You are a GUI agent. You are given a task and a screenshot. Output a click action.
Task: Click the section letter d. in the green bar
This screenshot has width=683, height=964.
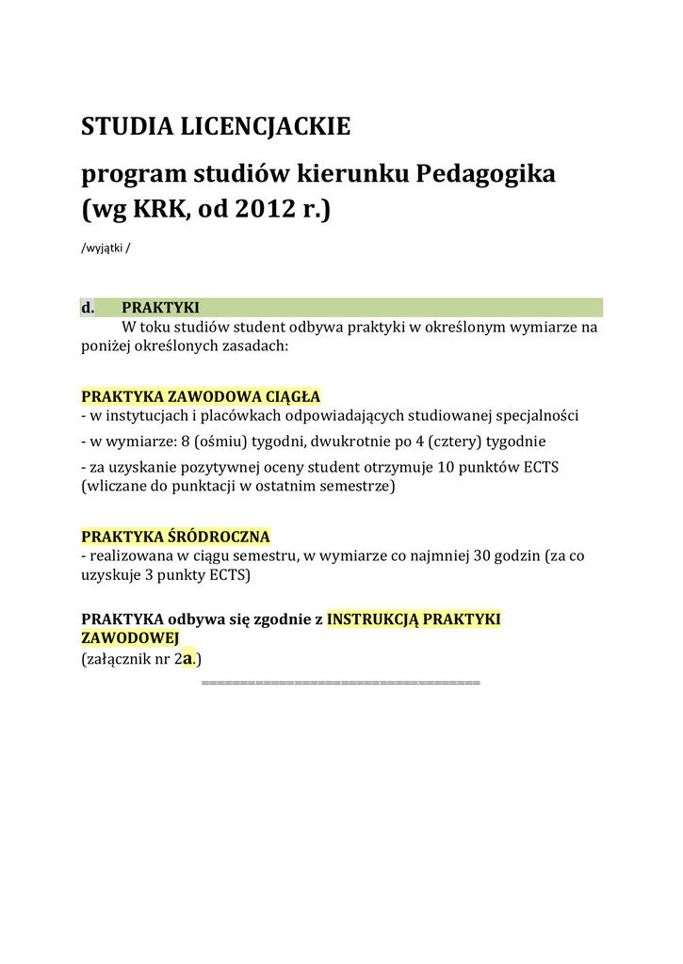[x=88, y=308]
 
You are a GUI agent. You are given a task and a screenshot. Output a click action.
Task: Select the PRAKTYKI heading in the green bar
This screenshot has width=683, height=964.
[x=160, y=308]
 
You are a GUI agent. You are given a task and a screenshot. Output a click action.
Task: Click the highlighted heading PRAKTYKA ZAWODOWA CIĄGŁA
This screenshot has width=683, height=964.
[x=201, y=396]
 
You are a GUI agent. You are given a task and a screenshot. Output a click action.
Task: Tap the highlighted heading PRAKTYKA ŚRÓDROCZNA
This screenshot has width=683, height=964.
[x=175, y=537]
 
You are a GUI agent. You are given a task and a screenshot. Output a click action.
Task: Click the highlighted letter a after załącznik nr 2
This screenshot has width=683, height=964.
[x=188, y=659]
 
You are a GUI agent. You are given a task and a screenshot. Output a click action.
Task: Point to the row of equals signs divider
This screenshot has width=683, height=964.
[x=341, y=681]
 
